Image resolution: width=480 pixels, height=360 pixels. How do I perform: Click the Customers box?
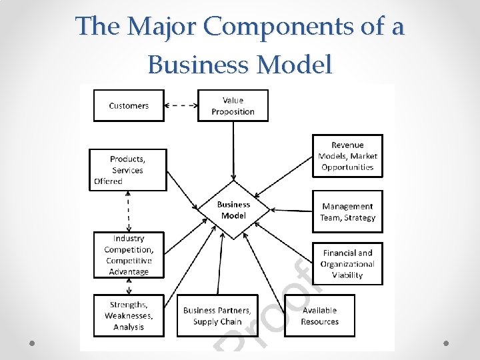(x=129, y=105)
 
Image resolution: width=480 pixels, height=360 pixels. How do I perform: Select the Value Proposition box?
(x=233, y=105)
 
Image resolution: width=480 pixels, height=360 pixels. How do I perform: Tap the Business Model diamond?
(x=233, y=210)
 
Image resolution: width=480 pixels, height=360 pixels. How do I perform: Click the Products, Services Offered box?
(x=128, y=169)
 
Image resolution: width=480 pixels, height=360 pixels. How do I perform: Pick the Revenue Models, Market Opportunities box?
(x=347, y=156)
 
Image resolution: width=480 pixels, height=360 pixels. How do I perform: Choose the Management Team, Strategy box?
(x=347, y=212)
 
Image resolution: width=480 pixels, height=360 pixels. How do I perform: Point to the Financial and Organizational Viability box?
(x=347, y=263)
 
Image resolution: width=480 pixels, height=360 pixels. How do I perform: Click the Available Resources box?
(x=320, y=315)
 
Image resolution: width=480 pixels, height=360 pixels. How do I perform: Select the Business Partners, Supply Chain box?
(x=217, y=315)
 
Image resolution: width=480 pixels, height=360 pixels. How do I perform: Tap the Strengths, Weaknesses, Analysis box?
(x=128, y=315)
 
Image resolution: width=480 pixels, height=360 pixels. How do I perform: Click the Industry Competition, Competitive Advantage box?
(x=128, y=255)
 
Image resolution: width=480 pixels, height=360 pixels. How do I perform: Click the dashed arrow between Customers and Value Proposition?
(x=181, y=105)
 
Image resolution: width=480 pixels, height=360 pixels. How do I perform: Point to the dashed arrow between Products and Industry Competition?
(x=128, y=211)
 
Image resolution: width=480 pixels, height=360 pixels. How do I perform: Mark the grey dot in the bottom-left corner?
(x=32, y=343)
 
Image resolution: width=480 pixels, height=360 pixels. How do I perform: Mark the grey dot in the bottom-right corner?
(x=447, y=343)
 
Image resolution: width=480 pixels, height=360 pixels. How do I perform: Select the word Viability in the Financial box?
(x=347, y=275)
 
